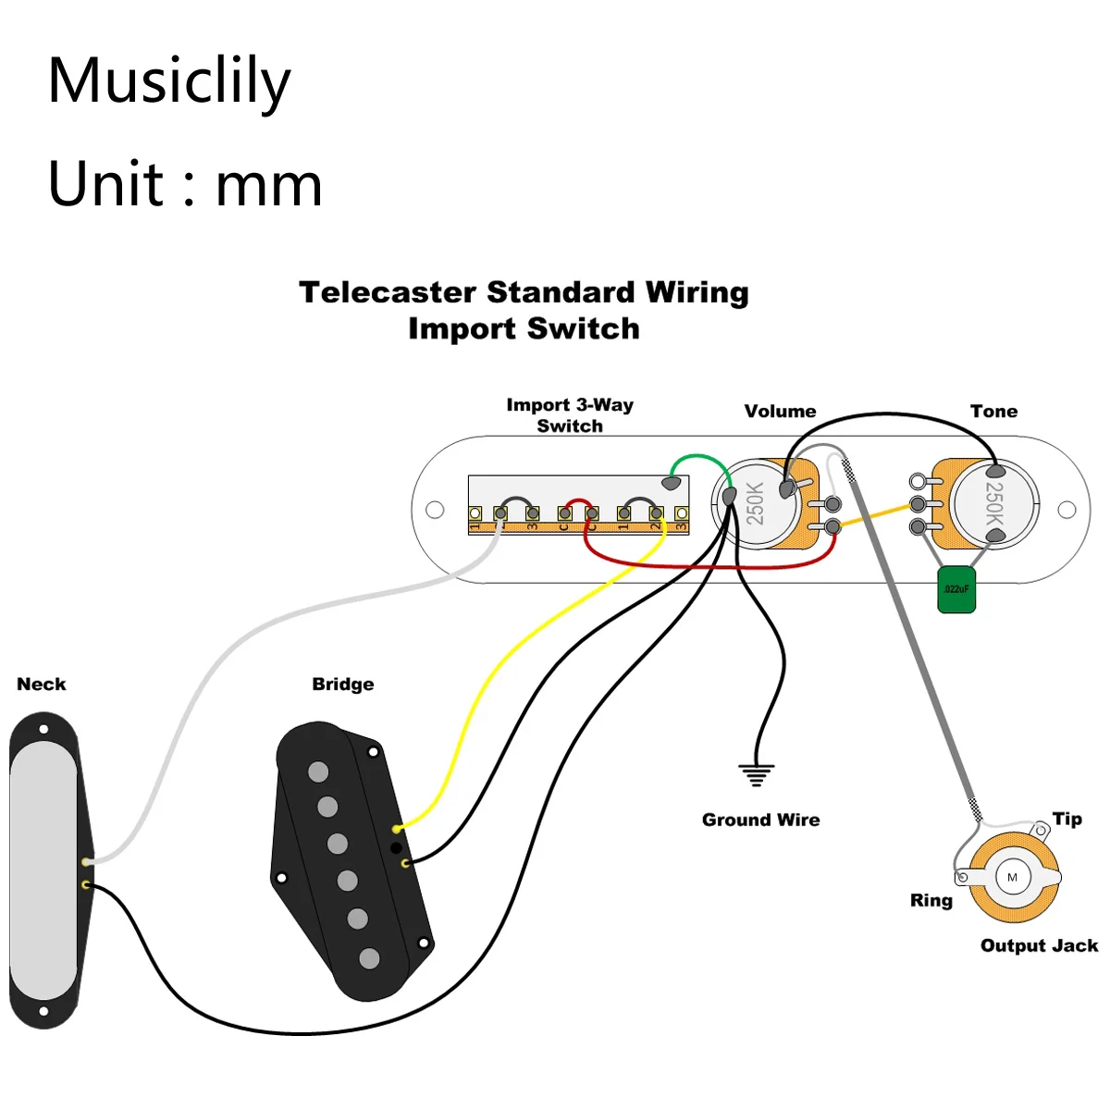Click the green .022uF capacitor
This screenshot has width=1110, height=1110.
click(x=956, y=589)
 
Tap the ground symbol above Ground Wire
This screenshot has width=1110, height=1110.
click(x=757, y=775)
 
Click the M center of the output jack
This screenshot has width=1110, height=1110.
click(x=1012, y=877)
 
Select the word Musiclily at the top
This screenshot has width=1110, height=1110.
click(x=169, y=80)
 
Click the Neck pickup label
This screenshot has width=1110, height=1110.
click(x=42, y=684)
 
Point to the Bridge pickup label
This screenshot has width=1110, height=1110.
click(x=343, y=684)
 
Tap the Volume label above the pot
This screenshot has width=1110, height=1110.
click(x=780, y=412)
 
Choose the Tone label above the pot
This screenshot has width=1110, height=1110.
click(x=993, y=412)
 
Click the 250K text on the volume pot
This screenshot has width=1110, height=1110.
click(x=756, y=503)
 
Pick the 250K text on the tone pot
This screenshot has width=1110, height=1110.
click(x=994, y=503)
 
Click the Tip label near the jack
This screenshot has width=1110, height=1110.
click(x=1067, y=819)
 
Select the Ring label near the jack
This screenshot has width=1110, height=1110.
click(x=931, y=900)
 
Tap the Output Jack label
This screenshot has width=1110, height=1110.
click(x=1039, y=945)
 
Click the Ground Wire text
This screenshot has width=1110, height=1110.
click(x=760, y=820)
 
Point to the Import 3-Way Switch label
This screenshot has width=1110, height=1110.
click(x=570, y=415)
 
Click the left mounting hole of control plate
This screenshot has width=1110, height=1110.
click(x=435, y=510)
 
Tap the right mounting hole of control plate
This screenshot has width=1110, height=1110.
click(x=1067, y=510)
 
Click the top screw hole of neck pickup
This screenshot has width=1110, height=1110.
click(x=43, y=730)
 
